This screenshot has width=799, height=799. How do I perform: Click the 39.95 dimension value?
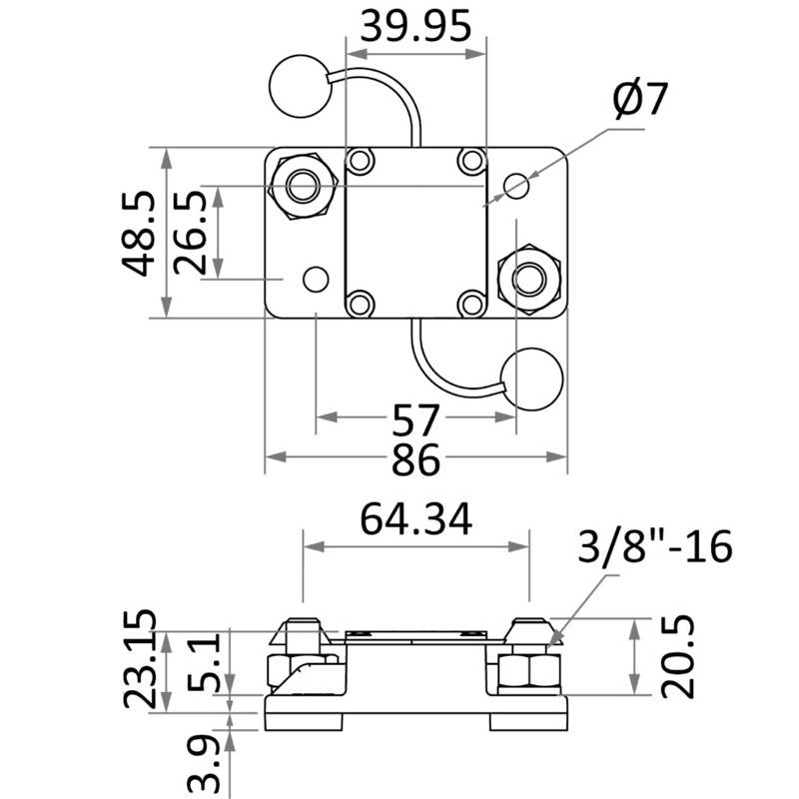pyautogui.click(x=415, y=27)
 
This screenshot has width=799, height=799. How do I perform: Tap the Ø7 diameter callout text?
pyautogui.click(x=639, y=99)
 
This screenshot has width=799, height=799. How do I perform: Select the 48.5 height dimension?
pyautogui.click(x=138, y=234)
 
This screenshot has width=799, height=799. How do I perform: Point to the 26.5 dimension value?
pyautogui.click(x=190, y=233)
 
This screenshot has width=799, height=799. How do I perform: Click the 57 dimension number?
pyautogui.click(x=415, y=419)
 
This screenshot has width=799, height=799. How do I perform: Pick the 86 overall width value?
pyautogui.click(x=415, y=459)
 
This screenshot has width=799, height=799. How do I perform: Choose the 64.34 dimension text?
pyautogui.click(x=415, y=519)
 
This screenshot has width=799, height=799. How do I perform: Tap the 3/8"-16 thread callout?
pyautogui.click(x=655, y=545)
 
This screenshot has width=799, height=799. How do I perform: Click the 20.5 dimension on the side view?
pyautogui.click(x=678, y=656)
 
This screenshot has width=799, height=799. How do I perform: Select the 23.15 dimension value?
pyautogui.click(x=139, y=658)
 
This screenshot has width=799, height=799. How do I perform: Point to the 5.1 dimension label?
pyautogui.click(x=203, y=662)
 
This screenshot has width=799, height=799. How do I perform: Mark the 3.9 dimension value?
pyautogui.click(x=204, y=767)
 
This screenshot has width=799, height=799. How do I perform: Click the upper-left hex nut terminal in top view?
pyautogui.click(x=303, y=186)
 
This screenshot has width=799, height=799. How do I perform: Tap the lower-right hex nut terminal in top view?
pyautogui.click(x=529, y=280)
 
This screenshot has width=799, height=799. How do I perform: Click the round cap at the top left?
pyautogui.click(x=301, y=86)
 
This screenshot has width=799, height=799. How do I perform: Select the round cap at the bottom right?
pyautogui.click(x=532, y=380)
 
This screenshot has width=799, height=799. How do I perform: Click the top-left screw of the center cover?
pyautogui.click(x=361, y=161)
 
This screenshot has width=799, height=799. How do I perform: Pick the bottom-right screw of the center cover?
pyautogui.click(x=471, y=305)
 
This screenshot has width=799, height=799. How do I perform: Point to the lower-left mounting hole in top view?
pyautogui.click(x=316, y=280)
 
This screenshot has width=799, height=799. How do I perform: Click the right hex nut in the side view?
pyautogui.click(x=529, y=670)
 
